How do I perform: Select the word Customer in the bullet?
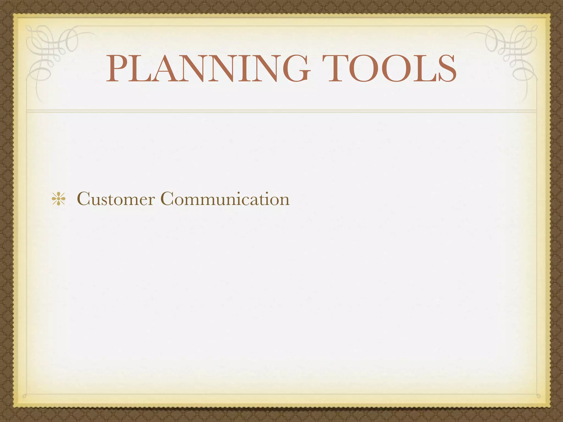point(116,199)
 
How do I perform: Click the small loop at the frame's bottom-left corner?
point(24,396)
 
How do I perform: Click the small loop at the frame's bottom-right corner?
point(538,396)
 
